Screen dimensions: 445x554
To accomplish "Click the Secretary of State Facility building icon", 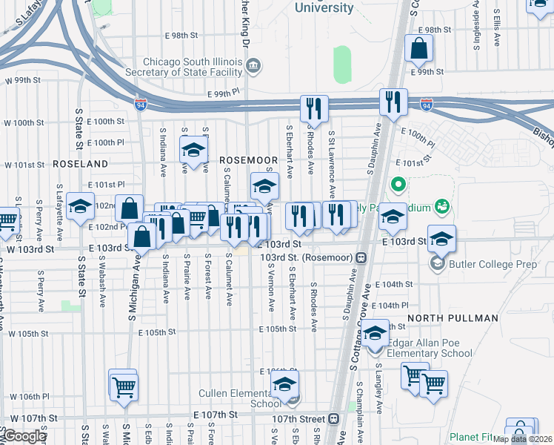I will coord(253,67).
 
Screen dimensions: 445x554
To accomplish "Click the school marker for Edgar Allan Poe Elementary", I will coord(375,333).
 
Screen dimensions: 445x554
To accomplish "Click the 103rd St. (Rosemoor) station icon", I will coord(361,257).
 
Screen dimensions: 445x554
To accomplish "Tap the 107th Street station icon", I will coord(333,419).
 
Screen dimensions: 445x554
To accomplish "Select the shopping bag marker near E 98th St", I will coord(419,50).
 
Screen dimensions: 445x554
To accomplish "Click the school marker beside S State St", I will coord(80,207).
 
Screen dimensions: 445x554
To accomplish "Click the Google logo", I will coord(24,436).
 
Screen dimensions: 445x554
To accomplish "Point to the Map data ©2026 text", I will coord(522,439).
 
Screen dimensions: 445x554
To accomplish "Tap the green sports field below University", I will coord(341,65).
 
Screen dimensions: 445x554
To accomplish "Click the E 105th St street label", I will coord(278,329).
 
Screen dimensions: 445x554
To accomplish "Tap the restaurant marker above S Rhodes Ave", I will coord(313,108).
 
